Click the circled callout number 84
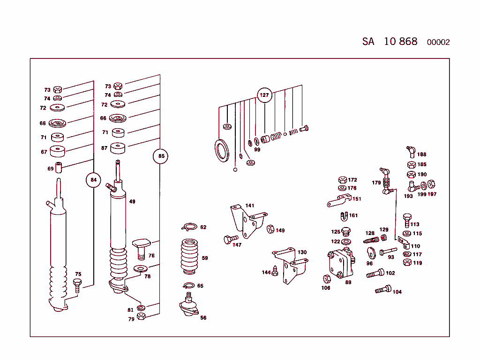pos(93,180)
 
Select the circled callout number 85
pos(161,156)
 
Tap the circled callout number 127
pos(264,95)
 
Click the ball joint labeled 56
pos(189,305)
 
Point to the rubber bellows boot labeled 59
pos(189,257)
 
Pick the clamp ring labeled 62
pos(189,227)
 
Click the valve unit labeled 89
pos(341,264)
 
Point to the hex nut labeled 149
pos(270,229)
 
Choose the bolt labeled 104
pos(383,289)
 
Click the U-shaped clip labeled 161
pos(344,216)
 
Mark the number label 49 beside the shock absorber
pos(132,202)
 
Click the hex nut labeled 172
pos(342,180)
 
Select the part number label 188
pos(422,154)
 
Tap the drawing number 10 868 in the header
pos(400,41)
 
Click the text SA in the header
pos(368,41)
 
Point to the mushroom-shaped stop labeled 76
pos(141,247)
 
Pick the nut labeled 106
pos(327,278)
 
